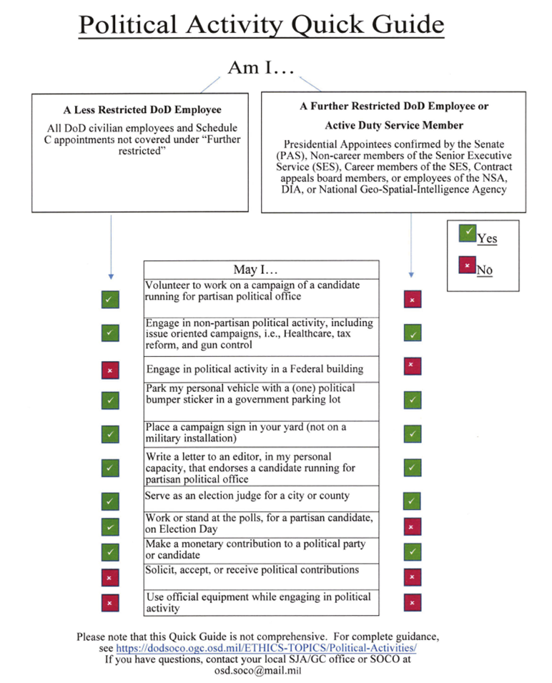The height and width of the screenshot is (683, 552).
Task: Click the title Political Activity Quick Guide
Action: pos(261,25)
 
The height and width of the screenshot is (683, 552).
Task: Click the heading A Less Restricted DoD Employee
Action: pos(142,110)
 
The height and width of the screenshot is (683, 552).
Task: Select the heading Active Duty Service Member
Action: pos(393,125)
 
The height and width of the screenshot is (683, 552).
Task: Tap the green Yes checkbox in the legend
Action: pos(467,234)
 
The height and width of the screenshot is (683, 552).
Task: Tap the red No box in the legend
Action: pos(467,266)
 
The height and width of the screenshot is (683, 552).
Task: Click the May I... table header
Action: pos(260,270)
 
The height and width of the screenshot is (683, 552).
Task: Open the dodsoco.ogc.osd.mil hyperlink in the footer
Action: pos(266,648)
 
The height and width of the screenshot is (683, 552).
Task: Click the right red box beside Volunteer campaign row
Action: pos(411,300)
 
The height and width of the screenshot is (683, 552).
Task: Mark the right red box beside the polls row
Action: pos(411,527)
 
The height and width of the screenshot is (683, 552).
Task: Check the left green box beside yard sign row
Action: pos(110,433)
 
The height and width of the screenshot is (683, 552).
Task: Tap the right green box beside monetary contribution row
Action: pos(411,551)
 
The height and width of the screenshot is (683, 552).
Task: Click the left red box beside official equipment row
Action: pos(110,603)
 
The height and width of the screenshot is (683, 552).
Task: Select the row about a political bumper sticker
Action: pos(260,394)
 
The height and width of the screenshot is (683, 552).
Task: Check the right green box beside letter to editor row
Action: pos(411,468)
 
